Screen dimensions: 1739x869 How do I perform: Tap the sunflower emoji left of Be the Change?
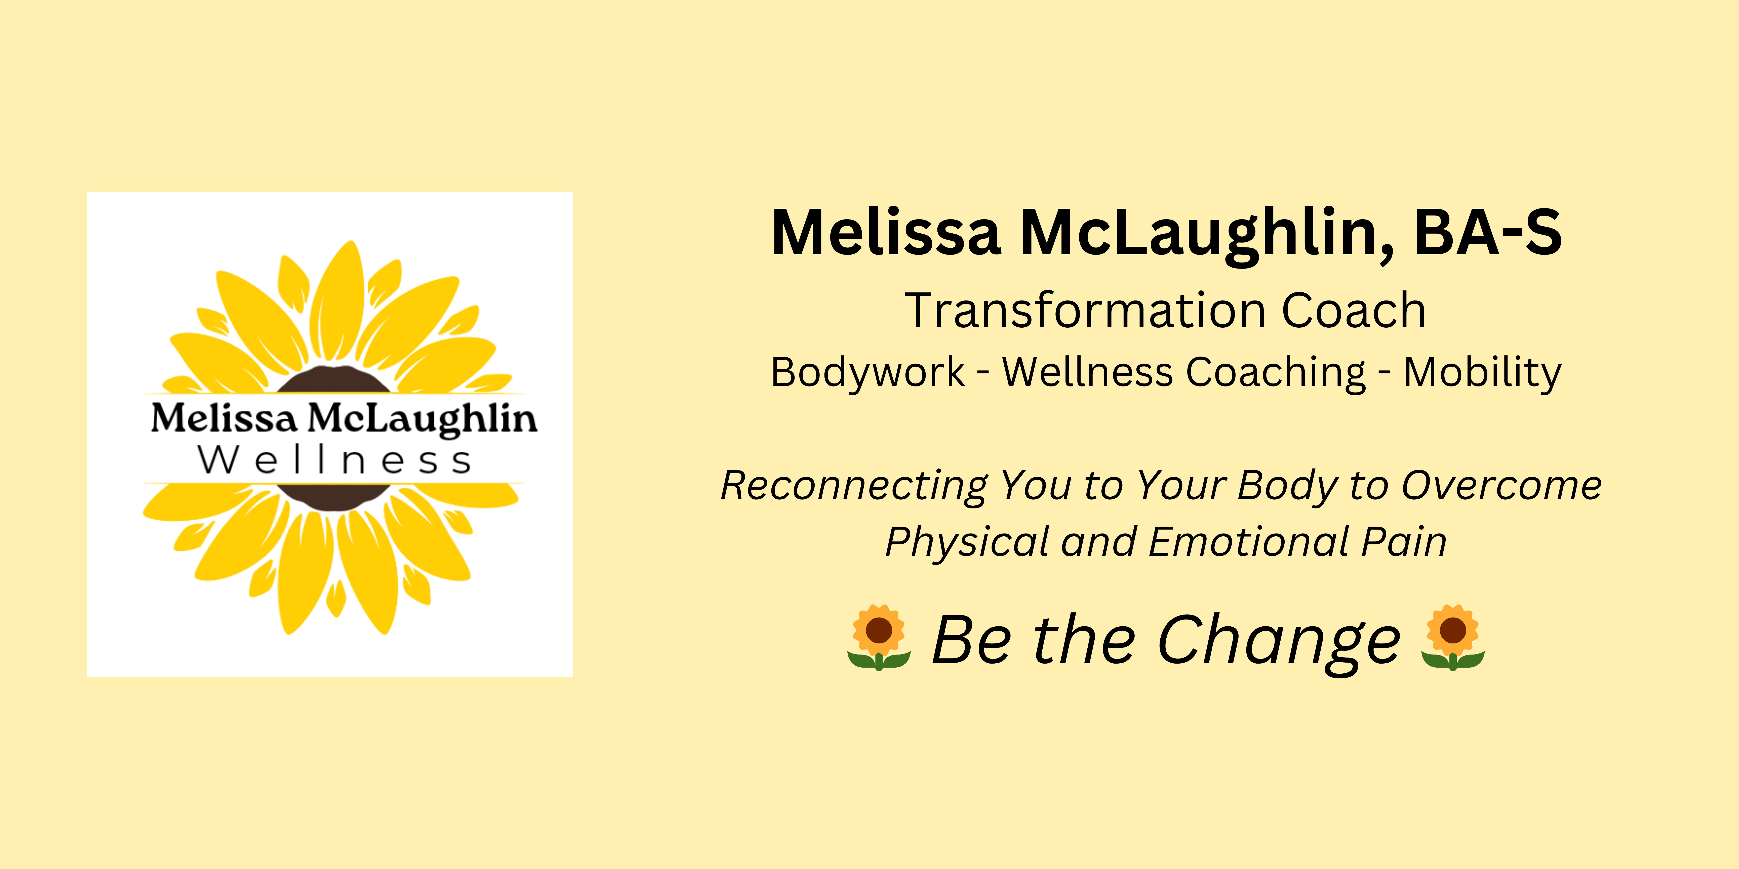click(x=879, y=637)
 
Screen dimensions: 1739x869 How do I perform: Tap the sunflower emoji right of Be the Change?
click(x=1453, y=637)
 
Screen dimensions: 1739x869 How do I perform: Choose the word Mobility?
click(x=1482, y=372)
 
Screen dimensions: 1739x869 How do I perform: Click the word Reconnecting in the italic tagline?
click(x=855, y=486)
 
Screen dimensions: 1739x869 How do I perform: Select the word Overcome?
click(x=1501, y=486)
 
